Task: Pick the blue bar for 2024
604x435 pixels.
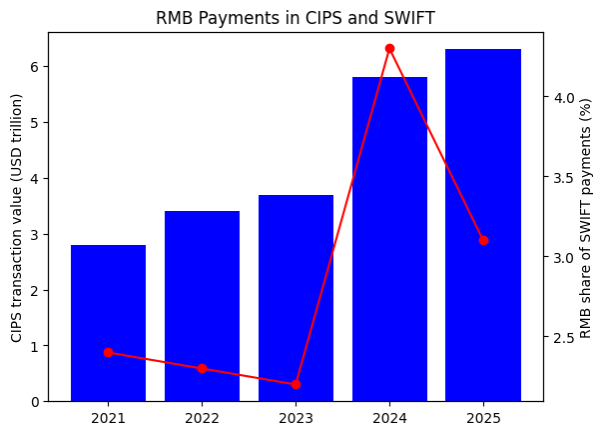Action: click(389, 239)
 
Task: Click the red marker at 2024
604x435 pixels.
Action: click(389, 48)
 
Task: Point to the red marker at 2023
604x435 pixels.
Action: click(296, 384)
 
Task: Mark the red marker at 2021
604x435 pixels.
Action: click(108, 352)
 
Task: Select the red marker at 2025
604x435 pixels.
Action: click(483, 240)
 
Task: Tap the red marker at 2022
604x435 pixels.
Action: click(202, 368)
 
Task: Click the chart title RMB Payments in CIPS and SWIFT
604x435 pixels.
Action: click(296, 17)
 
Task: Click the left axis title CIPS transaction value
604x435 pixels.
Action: click(17, 217)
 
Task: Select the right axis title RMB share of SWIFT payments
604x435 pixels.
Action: click(586, 217)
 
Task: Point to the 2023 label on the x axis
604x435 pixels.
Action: click(296, 416)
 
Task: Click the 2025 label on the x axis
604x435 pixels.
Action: click(483, 416)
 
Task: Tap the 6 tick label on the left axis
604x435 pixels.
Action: click(35, 67)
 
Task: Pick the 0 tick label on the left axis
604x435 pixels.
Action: click(35, 402)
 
